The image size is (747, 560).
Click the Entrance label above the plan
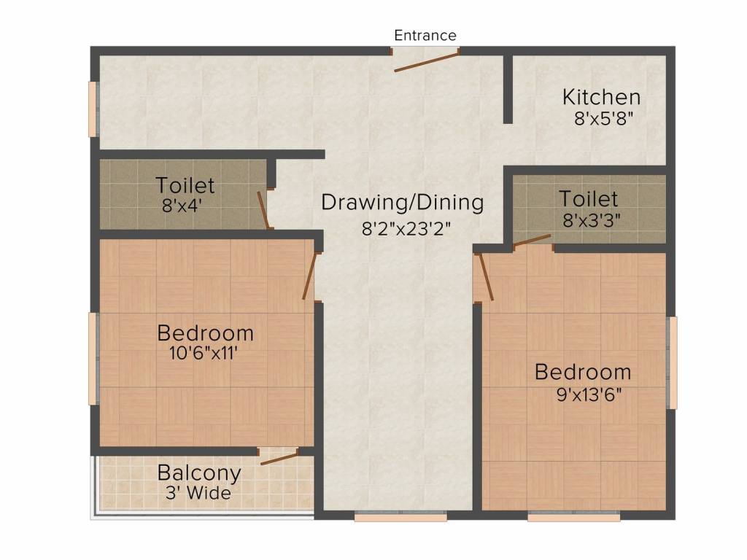(x=425, y=35)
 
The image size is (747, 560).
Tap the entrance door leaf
(x=426, y=61)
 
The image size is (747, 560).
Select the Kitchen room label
(x=601, y=97)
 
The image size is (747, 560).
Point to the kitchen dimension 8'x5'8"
(x=603, y=119)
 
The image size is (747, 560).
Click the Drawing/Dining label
(x=403, y=203)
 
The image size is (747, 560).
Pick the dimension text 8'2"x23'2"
(x=406, y=229)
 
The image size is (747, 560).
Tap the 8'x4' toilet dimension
(x=182, y=206)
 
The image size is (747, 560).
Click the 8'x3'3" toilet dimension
(x=591, y=221)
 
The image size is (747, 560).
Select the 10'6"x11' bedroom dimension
(x=204, y=354)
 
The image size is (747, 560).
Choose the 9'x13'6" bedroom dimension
(x=589, y=394)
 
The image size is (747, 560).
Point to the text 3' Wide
(x=198, y=493)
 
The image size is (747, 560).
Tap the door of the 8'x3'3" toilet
(x=532, y=241)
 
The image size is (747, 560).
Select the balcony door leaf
(x=279, y=458)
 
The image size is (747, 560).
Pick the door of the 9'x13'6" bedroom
(x=486, y=277)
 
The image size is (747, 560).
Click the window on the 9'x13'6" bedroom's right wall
(x=672, y=363)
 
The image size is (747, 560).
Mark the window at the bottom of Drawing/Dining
(x=400, y=516)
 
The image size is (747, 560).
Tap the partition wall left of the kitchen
(x=508, y=89)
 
